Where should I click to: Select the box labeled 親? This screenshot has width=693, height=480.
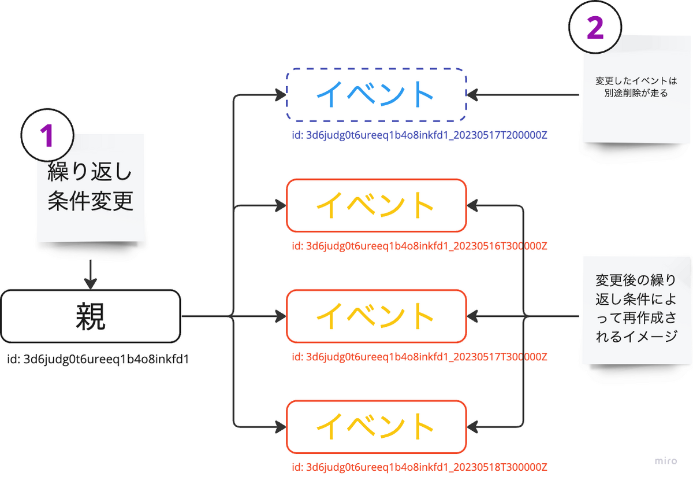91,316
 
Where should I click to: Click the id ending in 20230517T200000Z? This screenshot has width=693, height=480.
419,135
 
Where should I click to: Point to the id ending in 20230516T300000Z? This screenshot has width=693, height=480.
419,246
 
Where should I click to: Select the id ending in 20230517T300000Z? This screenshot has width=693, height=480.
419,357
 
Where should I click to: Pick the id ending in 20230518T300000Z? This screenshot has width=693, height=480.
419,467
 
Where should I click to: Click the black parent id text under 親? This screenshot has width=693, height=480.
98,359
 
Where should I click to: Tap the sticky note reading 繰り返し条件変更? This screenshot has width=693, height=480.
91,188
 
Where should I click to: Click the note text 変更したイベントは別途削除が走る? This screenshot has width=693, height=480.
636,87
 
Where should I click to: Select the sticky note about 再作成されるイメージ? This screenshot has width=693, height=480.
636,310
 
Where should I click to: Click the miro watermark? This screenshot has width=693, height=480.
666,461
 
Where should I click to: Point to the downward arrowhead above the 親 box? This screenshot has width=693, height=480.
90,283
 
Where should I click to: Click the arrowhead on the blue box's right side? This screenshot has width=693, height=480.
472,94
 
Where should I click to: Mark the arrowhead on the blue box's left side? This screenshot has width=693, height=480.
281,94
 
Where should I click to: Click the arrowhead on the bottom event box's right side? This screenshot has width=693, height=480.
472,427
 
